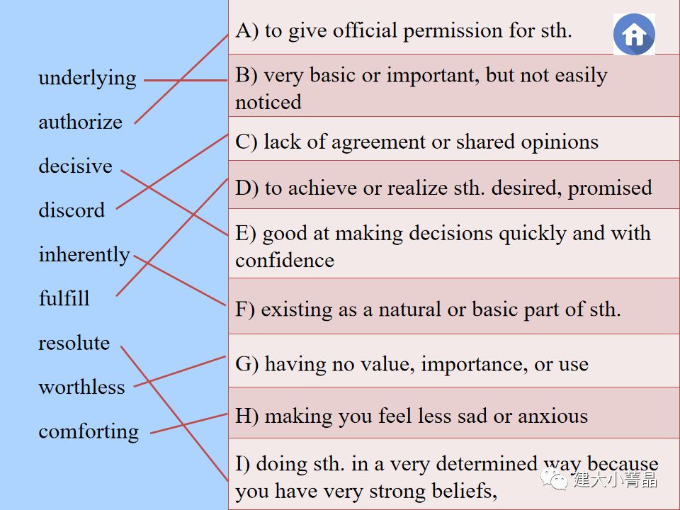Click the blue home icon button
click(634, 34)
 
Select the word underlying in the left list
click(87, 78)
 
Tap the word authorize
click(80, 122)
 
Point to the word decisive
click(75, 166)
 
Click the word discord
click(72, 210)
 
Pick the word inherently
click(84, 255)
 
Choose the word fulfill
click(64, 298)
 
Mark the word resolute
click(74, 343)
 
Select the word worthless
click(81, 387)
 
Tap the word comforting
click(89, 431)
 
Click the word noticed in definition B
click(268, 102)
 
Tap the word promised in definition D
click(610, 188)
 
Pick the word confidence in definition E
click(285, 260)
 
